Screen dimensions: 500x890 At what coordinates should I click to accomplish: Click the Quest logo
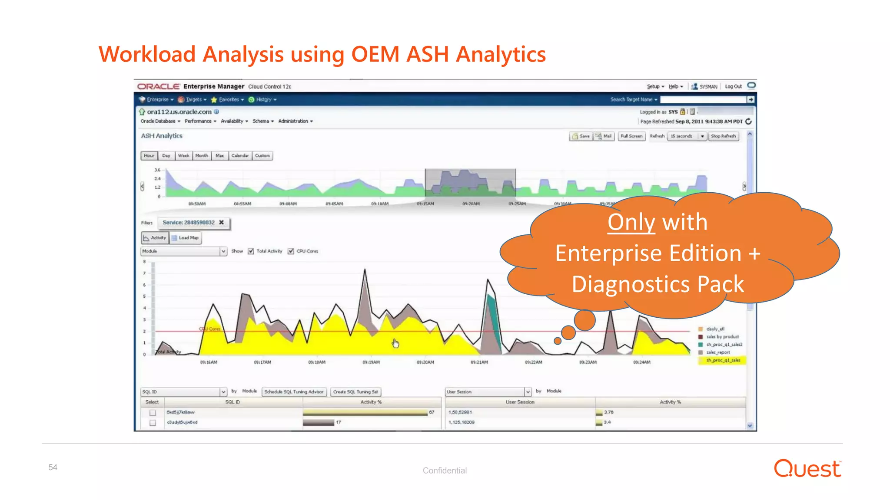(807, 469)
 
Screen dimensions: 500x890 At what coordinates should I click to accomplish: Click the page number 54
(53, 467)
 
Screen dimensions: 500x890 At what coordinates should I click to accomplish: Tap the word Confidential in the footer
(445, 470)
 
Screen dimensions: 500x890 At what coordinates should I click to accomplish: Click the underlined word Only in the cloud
(631, 222)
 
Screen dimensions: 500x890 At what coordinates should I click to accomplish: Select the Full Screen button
(631, 136)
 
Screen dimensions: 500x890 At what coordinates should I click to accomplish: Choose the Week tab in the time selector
(183, 156)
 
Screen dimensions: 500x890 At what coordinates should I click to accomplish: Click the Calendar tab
(240, 156)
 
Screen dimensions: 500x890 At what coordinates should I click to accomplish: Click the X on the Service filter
(222, 223)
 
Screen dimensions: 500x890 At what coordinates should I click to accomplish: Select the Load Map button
(186, 238)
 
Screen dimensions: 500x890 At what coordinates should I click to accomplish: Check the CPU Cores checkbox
(291, 251)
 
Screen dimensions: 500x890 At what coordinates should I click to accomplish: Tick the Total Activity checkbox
(251, 251)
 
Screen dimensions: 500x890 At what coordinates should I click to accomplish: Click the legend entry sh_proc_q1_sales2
(724, 345)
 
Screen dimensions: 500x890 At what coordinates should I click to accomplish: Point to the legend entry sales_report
(718, 352)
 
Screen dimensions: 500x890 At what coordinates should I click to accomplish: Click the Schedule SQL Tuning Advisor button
(294, 392)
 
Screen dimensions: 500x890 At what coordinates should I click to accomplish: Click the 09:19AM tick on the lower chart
(371, 362)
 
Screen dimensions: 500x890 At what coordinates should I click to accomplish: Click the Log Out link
(733, 87)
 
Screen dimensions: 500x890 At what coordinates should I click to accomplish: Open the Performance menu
(200, 122)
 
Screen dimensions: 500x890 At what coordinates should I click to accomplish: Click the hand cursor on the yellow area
(395, 343)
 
